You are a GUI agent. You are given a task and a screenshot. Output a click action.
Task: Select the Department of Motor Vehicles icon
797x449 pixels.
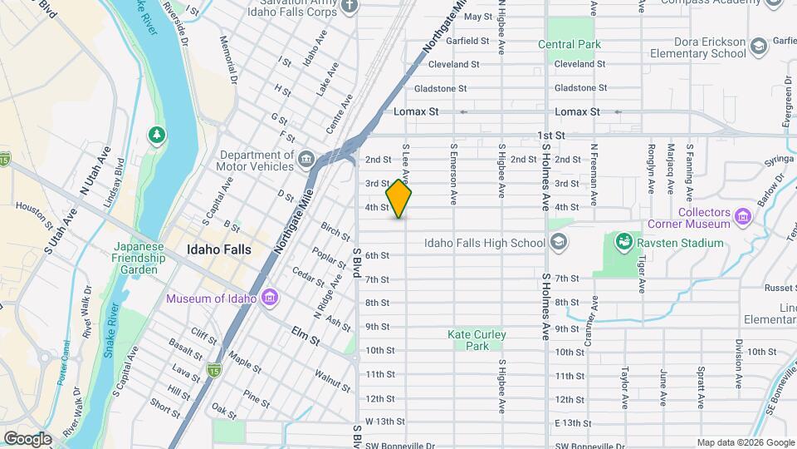306,159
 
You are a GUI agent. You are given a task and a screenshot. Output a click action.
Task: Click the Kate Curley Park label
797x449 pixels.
477,340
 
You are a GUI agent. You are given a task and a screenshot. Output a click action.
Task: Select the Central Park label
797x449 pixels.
569,44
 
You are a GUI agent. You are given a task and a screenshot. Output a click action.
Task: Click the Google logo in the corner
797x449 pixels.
27,438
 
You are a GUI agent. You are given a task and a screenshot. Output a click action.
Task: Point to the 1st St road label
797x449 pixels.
550,135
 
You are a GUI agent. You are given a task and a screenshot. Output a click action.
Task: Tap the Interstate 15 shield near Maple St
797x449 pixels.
215,368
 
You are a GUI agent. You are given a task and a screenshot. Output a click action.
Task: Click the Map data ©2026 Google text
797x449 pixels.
745,442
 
